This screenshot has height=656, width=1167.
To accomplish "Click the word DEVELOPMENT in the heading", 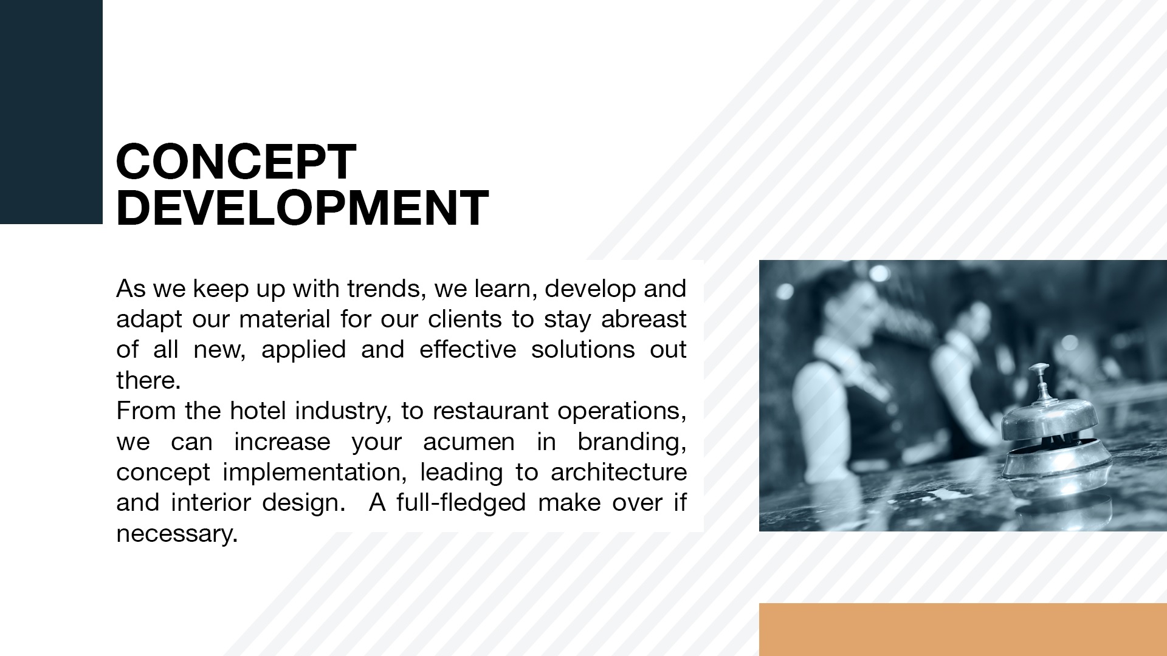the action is pos(302,208).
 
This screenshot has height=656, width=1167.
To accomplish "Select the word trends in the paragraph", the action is pos(386,289).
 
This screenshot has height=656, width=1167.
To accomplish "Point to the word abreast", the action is pos(644,319).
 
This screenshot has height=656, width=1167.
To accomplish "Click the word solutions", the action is pos(583,350).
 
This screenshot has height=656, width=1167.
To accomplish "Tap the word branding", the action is pos(632,442).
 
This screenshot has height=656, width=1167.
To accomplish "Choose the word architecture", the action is pos(619,473).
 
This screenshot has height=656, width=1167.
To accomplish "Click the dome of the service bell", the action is pos(1050,419).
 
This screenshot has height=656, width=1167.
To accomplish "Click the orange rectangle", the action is pos(963,629).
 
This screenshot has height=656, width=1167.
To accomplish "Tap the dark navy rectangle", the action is pos(51,112).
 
